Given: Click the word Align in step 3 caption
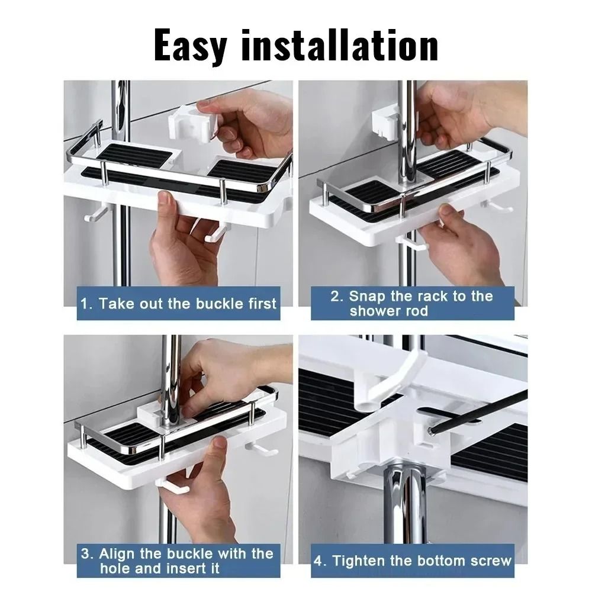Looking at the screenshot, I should pyautogui.click(x=118, y=554).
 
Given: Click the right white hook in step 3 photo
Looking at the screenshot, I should pyautogui.click(x=263, y=449).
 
